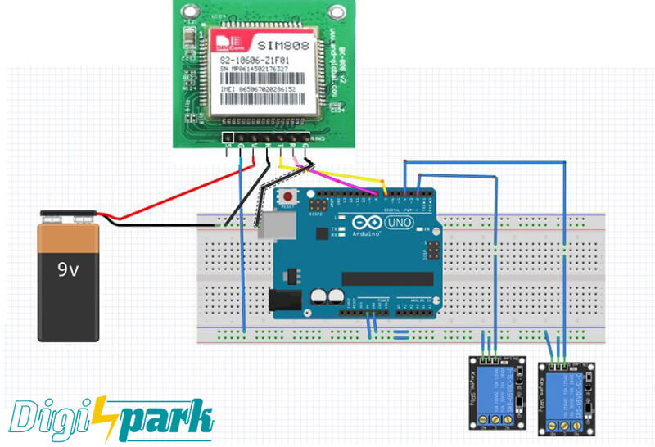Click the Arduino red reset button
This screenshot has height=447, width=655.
tap(288, 197)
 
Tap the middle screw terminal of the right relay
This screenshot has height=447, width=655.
tap(565, 424)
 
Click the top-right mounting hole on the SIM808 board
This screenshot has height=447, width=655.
tap(337, 11)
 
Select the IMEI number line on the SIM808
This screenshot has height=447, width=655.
tap(266, 87)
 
